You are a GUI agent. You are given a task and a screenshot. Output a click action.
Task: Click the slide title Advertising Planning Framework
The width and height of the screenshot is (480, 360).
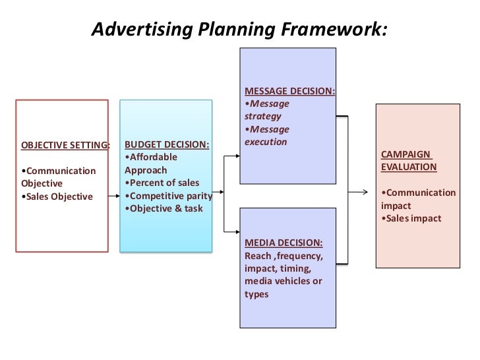(x=239, y=30)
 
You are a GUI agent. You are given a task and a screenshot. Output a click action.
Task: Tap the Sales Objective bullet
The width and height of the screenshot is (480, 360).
(x=59, y=196)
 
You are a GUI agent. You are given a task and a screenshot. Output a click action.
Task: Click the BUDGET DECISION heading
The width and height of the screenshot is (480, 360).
(x=167, y=144)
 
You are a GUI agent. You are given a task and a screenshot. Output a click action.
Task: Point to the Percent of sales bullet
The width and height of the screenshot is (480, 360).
(x=162, y=183)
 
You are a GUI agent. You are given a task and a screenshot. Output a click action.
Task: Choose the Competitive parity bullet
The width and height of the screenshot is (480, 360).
(x=169, y=196)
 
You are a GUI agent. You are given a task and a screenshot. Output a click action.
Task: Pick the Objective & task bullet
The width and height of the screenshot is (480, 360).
(x=164, y=209)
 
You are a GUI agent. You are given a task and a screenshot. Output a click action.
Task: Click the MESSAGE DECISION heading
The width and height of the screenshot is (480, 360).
(x=289, y=90)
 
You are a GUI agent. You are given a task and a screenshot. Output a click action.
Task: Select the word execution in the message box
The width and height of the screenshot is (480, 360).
(x=266, y=142)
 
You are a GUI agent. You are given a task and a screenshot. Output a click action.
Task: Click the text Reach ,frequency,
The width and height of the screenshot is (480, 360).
(x=284, y=255)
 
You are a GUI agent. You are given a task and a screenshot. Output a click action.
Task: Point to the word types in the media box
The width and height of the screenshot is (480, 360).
(x=256, y=294)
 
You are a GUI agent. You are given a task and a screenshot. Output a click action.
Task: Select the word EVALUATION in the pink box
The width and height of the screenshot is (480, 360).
(x=409, y=167)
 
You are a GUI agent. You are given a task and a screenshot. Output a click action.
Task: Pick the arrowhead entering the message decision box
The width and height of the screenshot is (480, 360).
(x=236, y=157)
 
